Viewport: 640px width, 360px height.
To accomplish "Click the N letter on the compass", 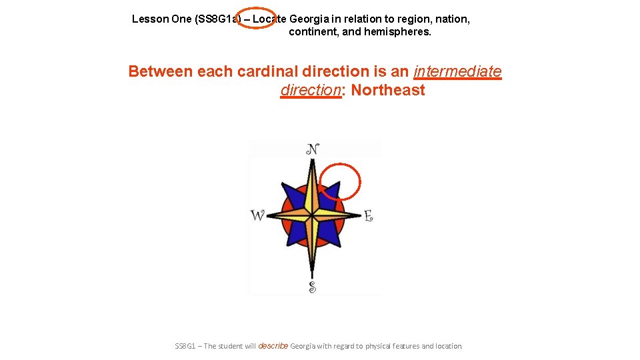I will pyautogui.click(x=312, y=149).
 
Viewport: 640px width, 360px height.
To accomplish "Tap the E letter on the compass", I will pyautogui.click(x=368, y=215).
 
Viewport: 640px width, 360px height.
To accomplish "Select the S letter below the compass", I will pyautogui.click(x=312, y=287).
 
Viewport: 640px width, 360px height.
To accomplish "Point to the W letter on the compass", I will pyautogui.click(x=257, y=215).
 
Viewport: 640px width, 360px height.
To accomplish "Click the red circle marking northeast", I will pyautogui.click(x=340, y=182).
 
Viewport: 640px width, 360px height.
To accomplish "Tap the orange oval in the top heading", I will pyautogui.click(x=255, y=19).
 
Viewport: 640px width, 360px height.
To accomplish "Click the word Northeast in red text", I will pyautogui.click(x=387, y=90).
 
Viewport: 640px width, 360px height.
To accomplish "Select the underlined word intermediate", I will pyautogui.click(x=457, y=71).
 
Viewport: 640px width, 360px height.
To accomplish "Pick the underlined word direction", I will pyautogui.click(x=311, y=90).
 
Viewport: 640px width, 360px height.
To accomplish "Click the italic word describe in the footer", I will pyautogui.click(x=273, y=346).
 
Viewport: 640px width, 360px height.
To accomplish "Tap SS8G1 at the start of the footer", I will pyautogui.click(x=186, y=346).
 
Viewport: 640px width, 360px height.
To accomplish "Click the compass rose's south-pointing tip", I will pyautogui.click(x=312, y=275).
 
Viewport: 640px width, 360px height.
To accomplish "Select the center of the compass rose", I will pyautogui.click(x=312, y=215).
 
